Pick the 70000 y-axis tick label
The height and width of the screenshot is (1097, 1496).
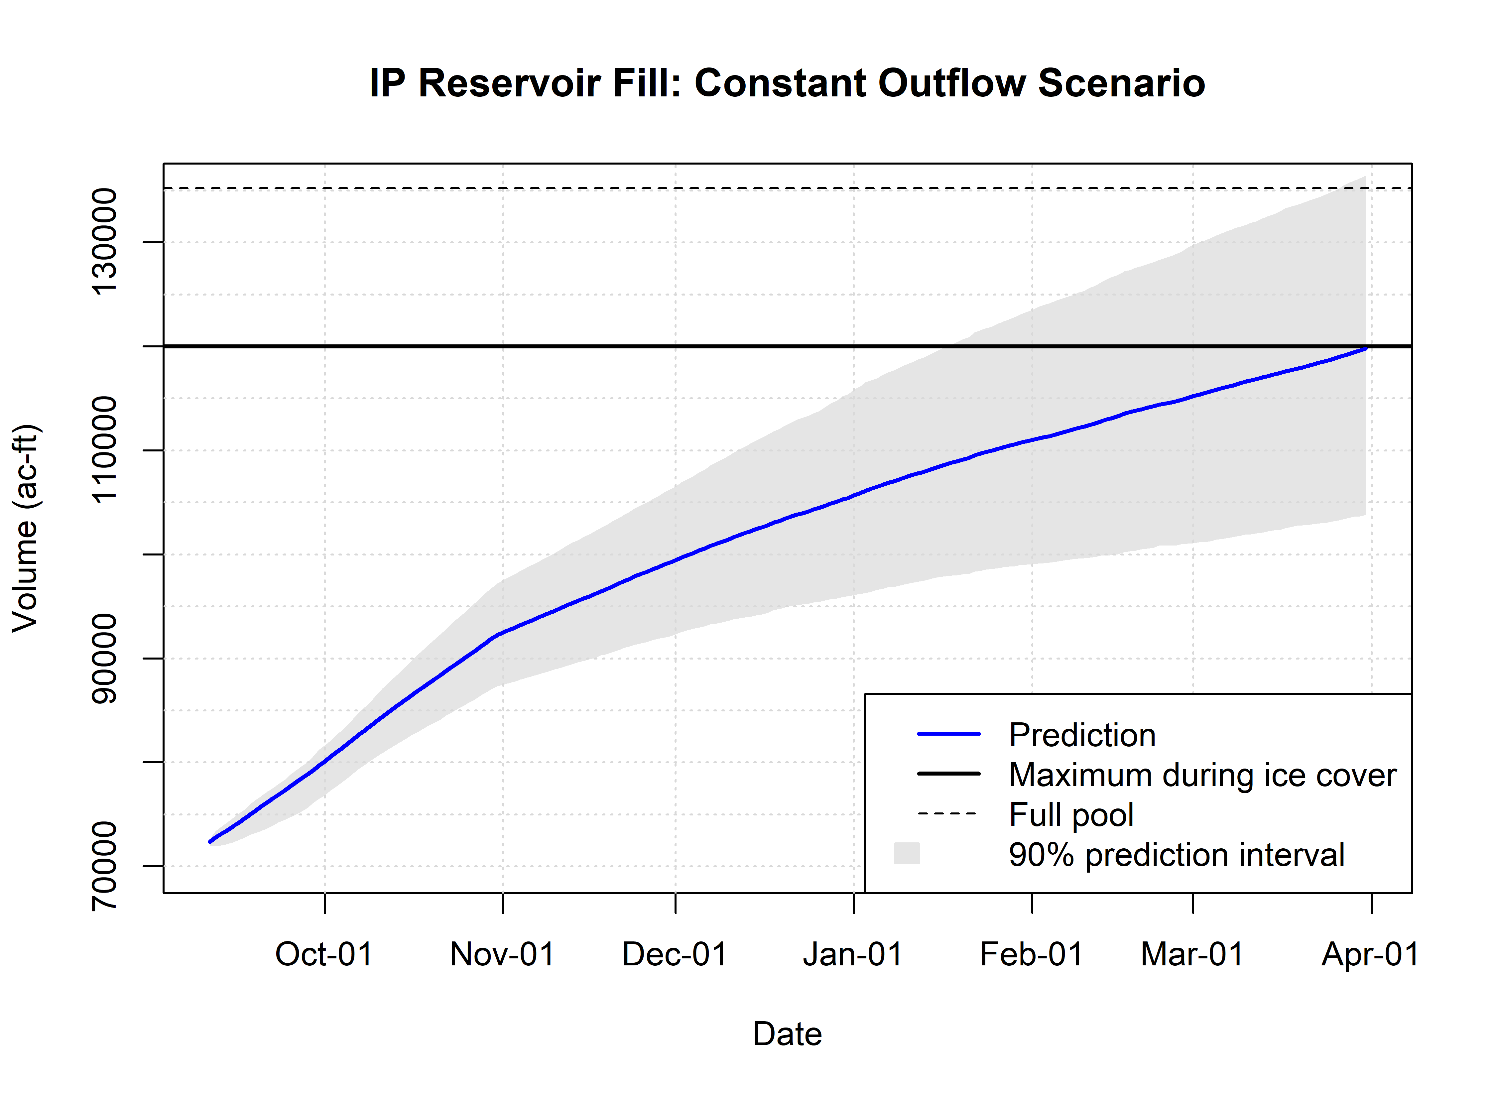104,866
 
